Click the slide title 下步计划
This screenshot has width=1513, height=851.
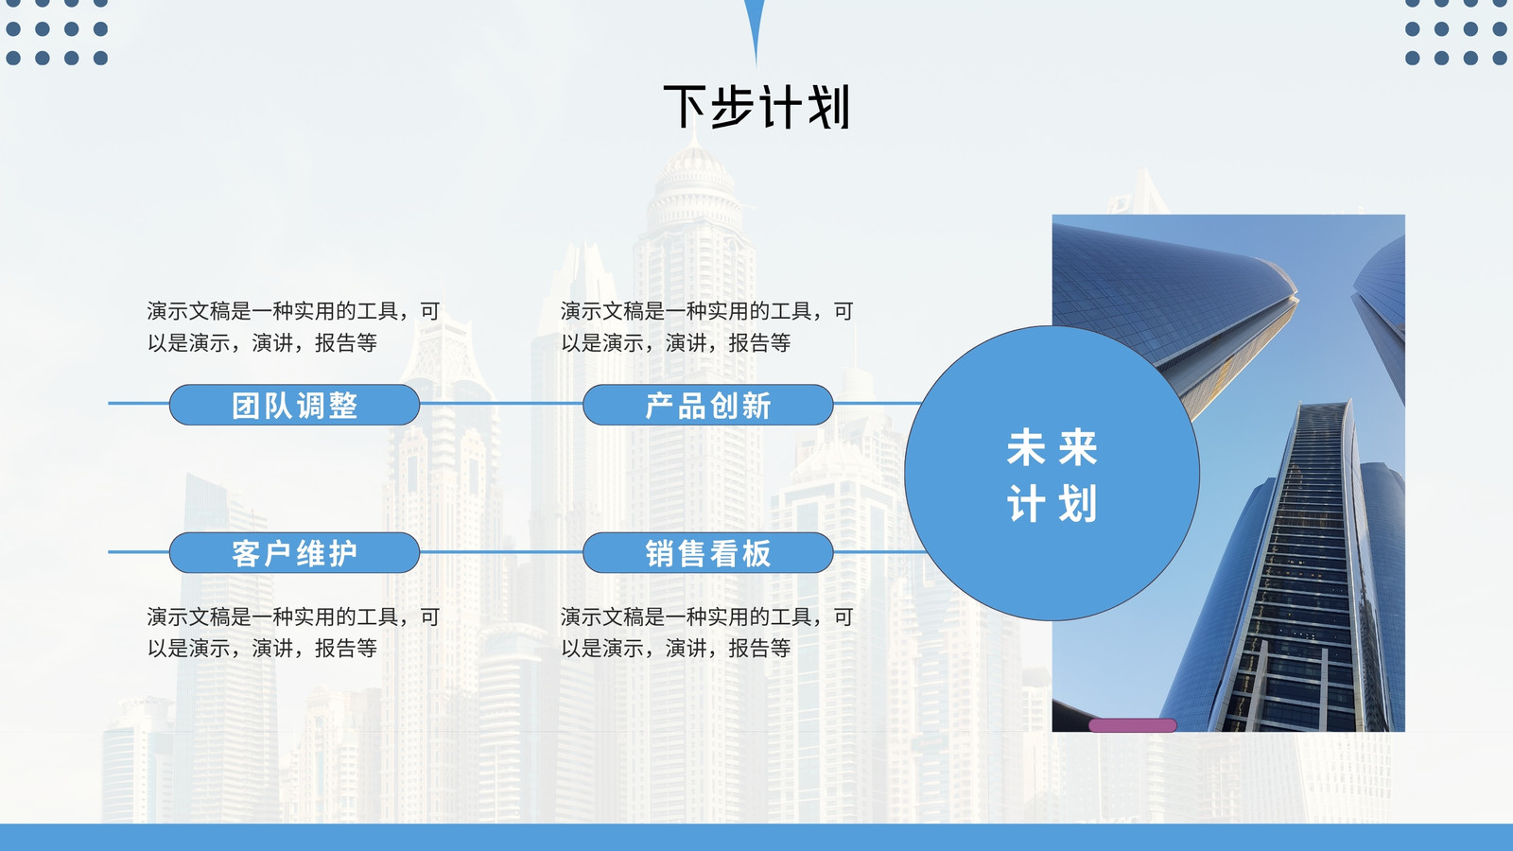[756, 107]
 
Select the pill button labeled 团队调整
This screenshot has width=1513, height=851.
[294, 405]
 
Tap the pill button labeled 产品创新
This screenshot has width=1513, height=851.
[708, 405]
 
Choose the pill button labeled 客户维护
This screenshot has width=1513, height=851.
[294, 552]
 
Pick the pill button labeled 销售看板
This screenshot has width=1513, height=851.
[708, 552]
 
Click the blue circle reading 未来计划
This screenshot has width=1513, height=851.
[1052, 473]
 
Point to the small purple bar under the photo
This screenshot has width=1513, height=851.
[1133, 725]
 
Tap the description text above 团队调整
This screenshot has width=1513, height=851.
[293, 327]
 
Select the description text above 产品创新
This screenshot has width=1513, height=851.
[706, 327]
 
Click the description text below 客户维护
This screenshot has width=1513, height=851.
[293, 633]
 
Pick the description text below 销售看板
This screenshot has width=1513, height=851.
[706, 633]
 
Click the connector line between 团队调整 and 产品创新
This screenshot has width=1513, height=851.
[501, 403]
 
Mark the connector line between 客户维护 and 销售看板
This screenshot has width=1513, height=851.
[501, 552]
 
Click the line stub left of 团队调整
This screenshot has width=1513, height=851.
[138, 403]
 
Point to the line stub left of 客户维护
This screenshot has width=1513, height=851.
[138, 552]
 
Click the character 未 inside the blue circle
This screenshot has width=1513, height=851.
[1026, 447]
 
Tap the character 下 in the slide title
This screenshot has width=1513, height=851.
[686, 107]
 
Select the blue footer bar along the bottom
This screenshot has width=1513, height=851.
[756, 838]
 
